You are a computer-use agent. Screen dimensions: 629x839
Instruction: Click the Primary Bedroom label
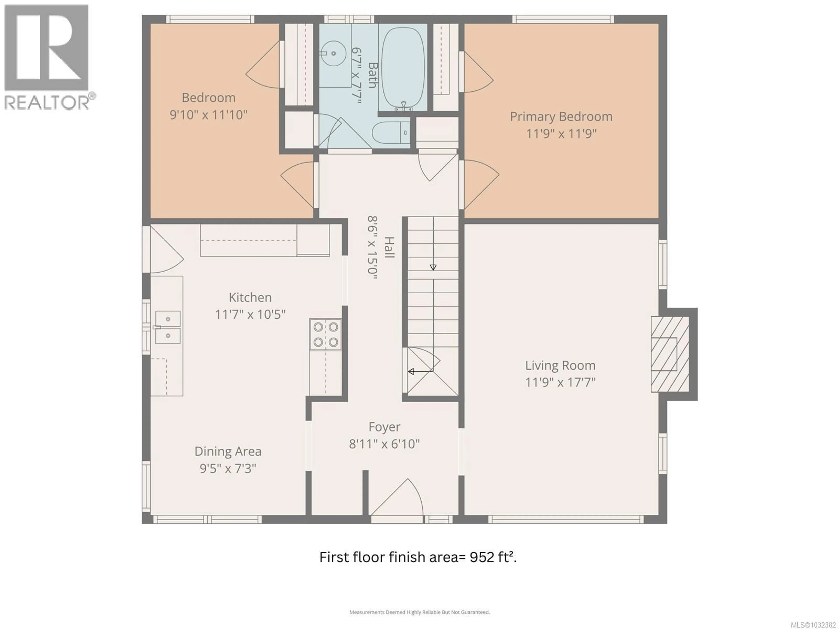tap(561, 116)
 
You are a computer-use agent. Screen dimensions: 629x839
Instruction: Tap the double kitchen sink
tap(168, 327)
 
